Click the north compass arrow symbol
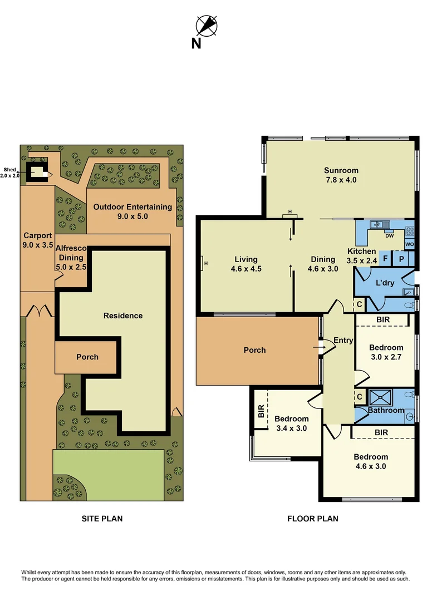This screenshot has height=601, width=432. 207,25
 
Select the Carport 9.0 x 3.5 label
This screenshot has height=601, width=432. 37,240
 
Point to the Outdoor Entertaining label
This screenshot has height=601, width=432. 132,211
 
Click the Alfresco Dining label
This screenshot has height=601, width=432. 71,258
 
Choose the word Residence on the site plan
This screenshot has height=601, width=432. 123,316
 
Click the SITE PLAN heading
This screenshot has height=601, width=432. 102,519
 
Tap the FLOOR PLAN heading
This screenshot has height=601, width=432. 312,519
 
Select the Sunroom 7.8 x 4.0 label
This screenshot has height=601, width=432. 341,175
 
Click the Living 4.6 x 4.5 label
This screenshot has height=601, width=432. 246,264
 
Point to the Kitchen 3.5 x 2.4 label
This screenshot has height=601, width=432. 362,255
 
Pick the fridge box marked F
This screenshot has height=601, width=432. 385,260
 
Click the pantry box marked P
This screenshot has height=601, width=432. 401,260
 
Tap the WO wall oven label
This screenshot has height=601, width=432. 409,244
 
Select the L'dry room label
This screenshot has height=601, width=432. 385,283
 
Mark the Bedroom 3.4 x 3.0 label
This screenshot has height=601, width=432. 291,423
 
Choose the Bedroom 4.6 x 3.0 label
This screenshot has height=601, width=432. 370,461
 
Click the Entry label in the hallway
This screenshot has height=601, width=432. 343,340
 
